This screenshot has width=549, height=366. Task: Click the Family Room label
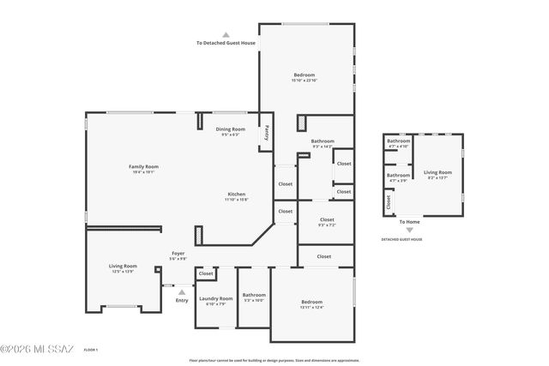tap(144, 166)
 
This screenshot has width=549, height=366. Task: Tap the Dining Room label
tap(230, 129)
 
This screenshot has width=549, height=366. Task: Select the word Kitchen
tap(237, 194)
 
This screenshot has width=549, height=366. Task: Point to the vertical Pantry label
tap(266, 133)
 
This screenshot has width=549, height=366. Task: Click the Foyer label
tap(178, 253)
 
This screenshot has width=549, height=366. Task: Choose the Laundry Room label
tap(215, 298)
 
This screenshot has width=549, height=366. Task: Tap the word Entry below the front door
tap(182, 300)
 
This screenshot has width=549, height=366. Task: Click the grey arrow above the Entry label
tap(182, 291)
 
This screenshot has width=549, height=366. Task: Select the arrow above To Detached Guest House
tap(226, 34)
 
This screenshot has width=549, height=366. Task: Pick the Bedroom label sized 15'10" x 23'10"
tap(305, 75)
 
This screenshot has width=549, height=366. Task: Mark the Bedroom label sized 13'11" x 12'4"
tap(311, 301)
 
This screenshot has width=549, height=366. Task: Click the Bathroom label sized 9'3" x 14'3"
tap(323, 141)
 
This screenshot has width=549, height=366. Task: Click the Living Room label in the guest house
tap(437, 172)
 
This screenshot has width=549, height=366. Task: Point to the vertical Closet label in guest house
tap(389, 202)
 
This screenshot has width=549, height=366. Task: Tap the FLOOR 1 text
tap(91, 349)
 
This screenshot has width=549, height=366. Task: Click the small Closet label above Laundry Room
tap(206, 274)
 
